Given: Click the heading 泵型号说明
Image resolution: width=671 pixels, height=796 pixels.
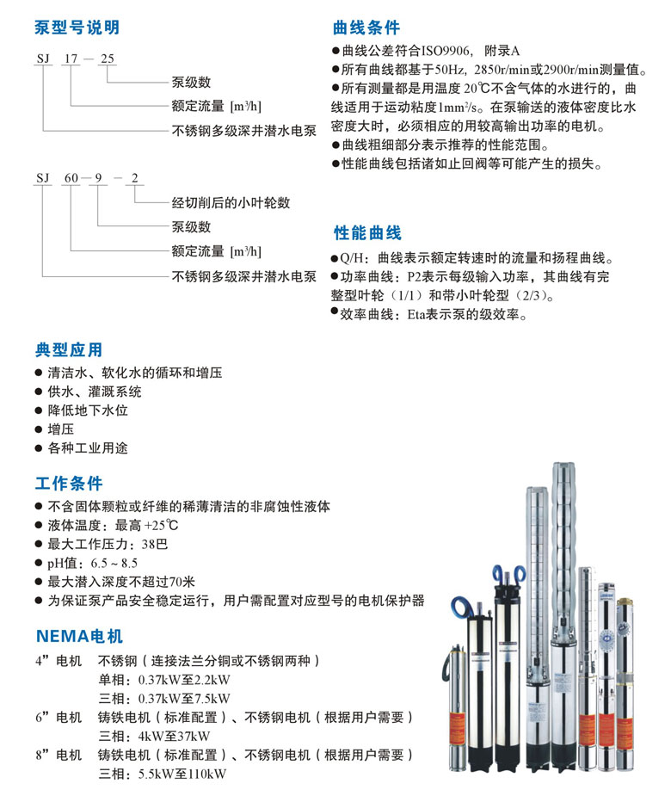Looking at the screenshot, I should point(77,28).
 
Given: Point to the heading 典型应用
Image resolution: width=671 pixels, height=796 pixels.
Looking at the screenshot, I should point(69,350).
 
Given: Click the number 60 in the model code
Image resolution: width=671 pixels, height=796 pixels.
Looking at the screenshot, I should point(71,179).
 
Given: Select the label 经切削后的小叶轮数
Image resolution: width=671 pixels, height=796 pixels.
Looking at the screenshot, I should point(231,203).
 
